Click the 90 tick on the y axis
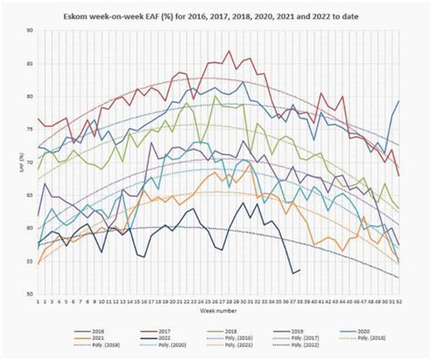30,30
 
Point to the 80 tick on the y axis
30,97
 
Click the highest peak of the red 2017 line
230,52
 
